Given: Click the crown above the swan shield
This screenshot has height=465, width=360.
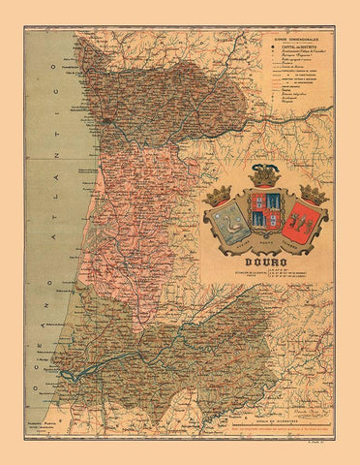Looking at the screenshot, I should click(222, 180).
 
